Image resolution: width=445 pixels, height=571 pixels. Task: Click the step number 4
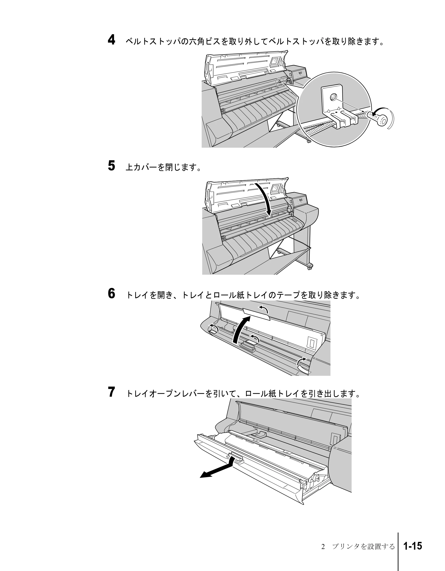click(x=111, y=40)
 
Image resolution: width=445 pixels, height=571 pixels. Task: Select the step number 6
click(x=111, y=293)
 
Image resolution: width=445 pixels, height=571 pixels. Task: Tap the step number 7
click(x=111, y=392)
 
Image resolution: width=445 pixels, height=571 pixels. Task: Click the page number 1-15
click(x=413, y=546)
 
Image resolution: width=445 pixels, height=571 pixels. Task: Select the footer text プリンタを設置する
click(x=363, y=546)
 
